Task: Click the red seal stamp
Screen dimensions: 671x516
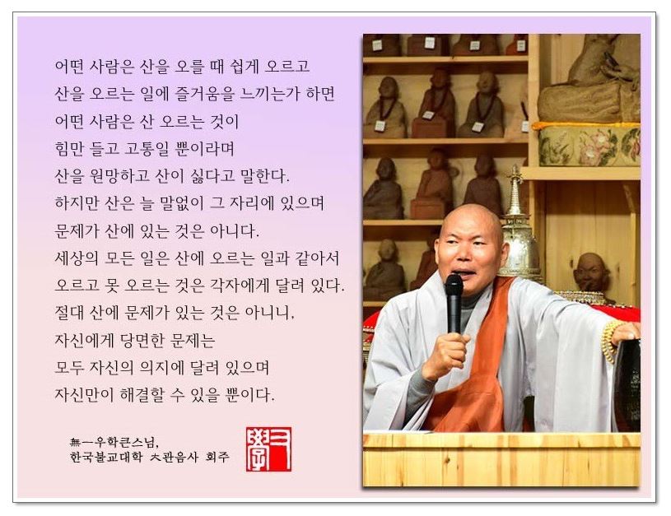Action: [268, 449]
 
